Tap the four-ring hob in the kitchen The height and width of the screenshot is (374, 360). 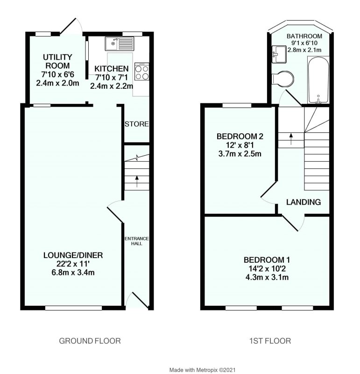pyautogui.click(x=142, y=72)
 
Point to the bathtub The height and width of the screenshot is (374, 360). pyautogui.click(x=318, y=79)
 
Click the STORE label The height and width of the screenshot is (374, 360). pyautogui.click(x=136, y=124)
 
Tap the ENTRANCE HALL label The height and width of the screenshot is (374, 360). pyautogui.click(x=136, y=241)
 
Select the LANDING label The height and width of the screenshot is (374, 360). pyautogui.click(x=304, y=202)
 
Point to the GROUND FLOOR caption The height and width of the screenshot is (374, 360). pyautogui.click(x=90, y=341)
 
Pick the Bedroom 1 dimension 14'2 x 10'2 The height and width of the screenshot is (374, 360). pyautogui.click(x=264, y=269)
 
